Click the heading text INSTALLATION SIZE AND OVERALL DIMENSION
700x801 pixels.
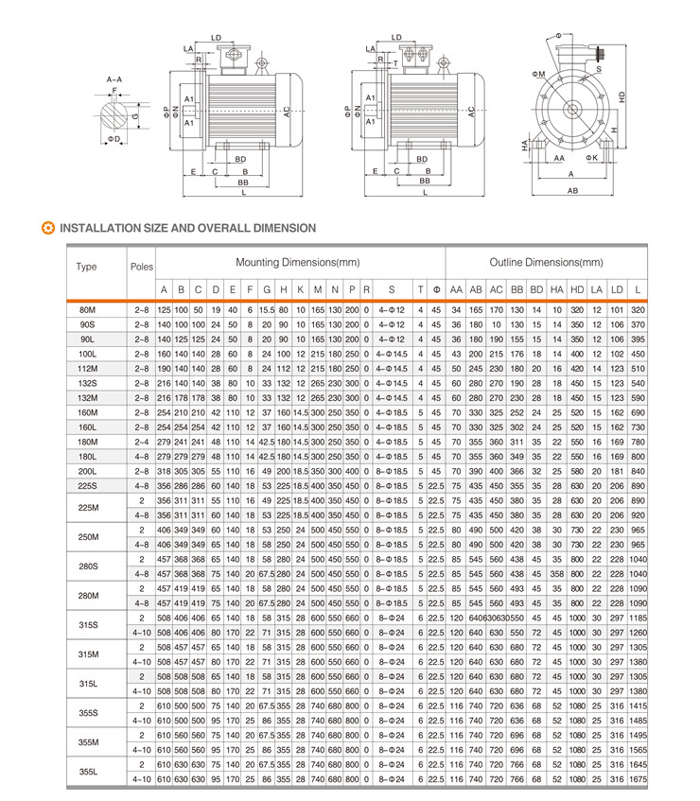pos(187,228)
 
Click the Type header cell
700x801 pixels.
pos(86,267)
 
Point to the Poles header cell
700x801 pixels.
pos(141,267)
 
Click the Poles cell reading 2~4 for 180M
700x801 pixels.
pos(141,441)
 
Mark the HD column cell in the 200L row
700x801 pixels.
pos(576,470)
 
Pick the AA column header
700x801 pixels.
pos(456,288)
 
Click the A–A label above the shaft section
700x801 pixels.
pos(114,79)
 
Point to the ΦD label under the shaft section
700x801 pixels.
pos(114,139)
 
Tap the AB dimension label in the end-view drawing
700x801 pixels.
pos(572,190)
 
